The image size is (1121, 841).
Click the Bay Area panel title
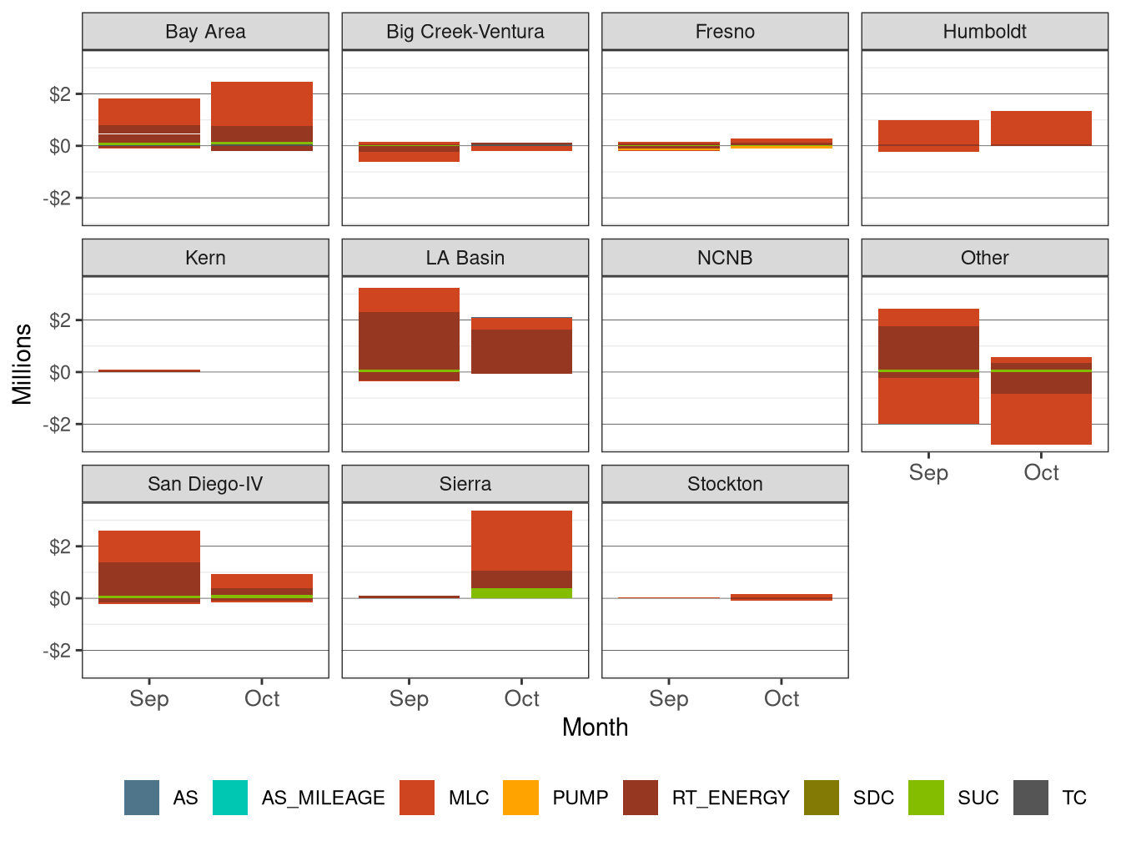tap(205, 32)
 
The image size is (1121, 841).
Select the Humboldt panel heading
tap(984, 32)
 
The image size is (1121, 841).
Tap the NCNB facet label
tap(725, 258)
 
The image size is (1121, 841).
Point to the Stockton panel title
tap(725, 484)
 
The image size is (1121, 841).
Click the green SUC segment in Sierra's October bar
tap(521, 593)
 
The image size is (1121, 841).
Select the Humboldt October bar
tap(1041, 128)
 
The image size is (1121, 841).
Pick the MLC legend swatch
tap(417, 798)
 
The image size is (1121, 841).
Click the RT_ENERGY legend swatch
tap(641, 798)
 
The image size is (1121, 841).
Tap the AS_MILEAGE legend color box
tap(230, 798)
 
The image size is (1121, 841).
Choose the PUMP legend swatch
tap(521, 798)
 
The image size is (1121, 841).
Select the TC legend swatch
tap(1031, 798)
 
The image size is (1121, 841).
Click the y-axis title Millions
tap(23, 364)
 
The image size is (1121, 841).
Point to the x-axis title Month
tap(595, 728)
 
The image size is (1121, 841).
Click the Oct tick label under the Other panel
tap(1041, 472)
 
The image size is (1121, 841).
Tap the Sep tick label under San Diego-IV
tap(149, 698)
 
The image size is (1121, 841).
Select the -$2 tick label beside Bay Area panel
tap(57, 199)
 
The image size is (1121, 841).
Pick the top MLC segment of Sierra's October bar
tap(521, 540)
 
